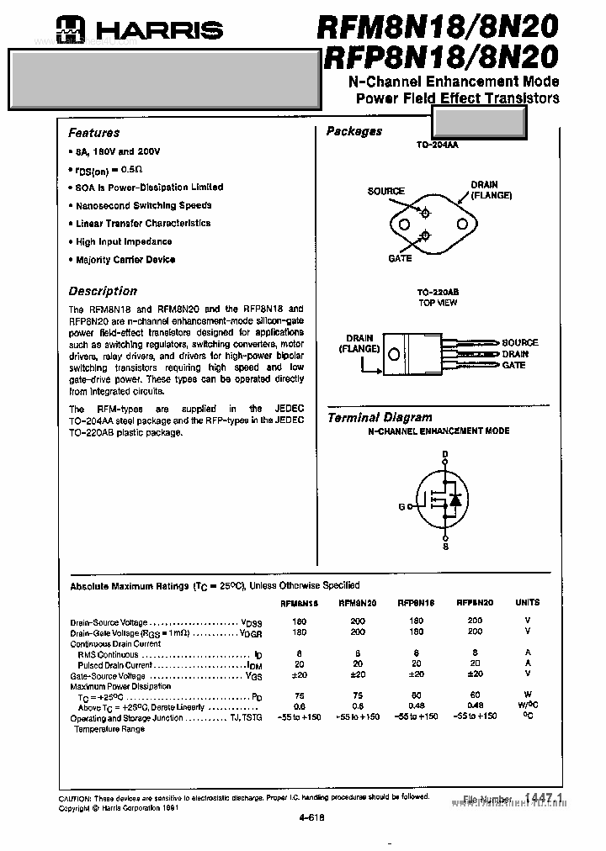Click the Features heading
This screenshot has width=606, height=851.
[x=93, y=133]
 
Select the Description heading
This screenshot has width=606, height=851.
[x=102, y=291]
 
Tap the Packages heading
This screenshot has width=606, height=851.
[x=353, y=131]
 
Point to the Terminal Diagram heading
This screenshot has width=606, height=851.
[x=379, y=417]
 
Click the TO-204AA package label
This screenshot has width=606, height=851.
[x=437, y=145]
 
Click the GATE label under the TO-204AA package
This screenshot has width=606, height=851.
[x=400, y=259]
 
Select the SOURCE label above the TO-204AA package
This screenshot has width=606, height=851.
[x=385, y=192]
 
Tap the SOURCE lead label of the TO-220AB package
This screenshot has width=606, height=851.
[x=520, y=343]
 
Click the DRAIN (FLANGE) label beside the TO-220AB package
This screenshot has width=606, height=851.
[x=359, y=343]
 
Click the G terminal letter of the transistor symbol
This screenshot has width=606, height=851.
[x=401, y=507]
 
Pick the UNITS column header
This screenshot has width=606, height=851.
[x=527, y=602]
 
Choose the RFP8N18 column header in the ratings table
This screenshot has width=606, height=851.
[x=416, y=602]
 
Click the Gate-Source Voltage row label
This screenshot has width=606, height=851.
[x=107, y=675]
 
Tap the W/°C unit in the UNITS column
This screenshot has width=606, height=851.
[x=527, y=706]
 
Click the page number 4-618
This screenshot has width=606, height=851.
[x=311, y=817]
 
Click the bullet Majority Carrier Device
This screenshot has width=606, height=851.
[x=125, y=260]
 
